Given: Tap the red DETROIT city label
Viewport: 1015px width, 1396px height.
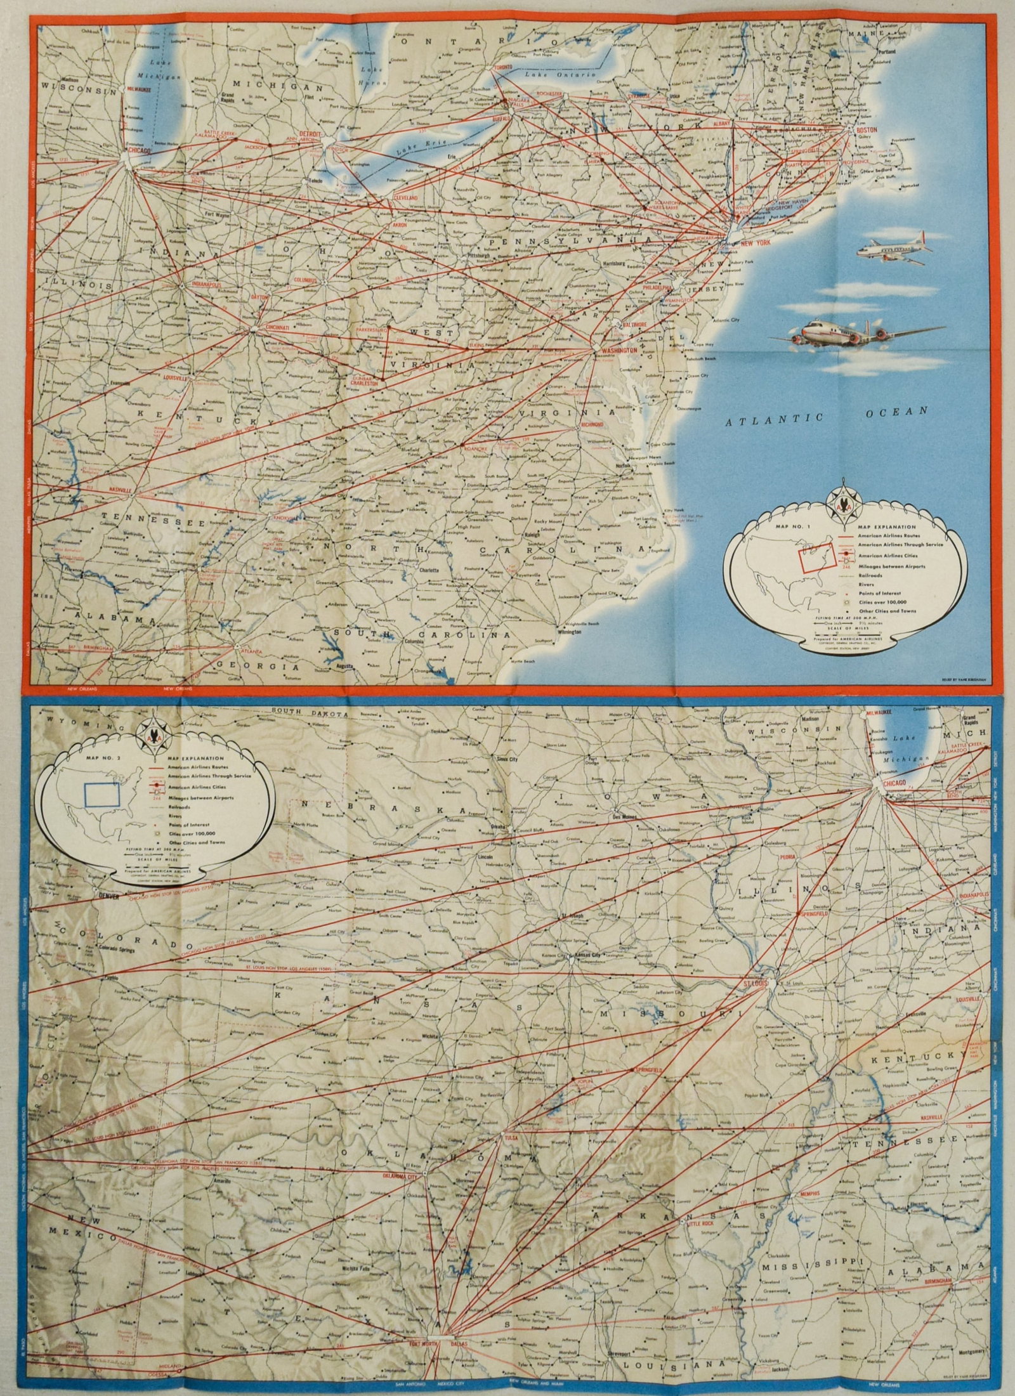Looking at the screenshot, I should (x=311, y=134).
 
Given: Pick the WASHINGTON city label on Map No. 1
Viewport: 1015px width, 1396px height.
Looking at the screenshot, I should (x=614, y=350).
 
